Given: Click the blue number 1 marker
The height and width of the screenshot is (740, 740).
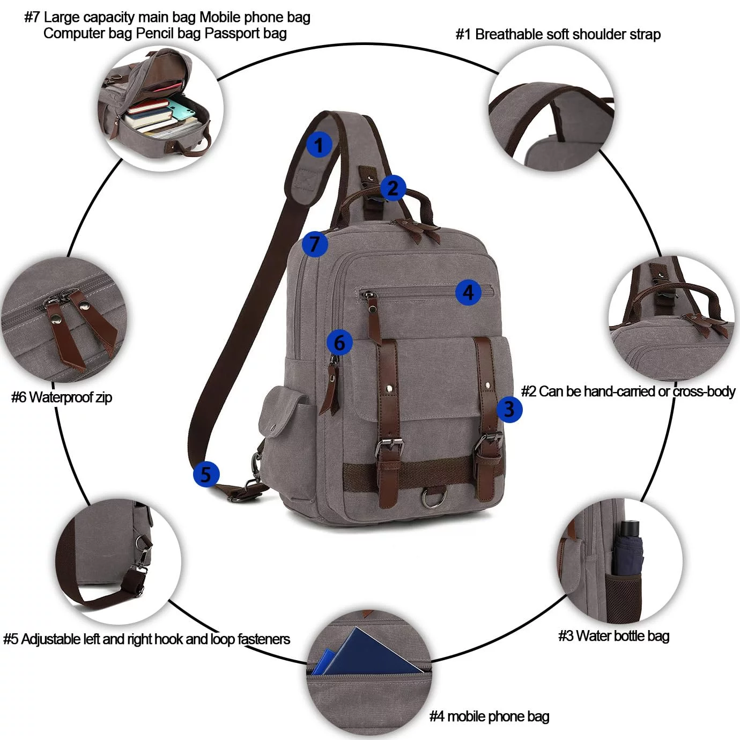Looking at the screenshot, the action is coord(319,145).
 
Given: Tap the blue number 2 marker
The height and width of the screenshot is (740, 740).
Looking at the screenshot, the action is coord(393,188).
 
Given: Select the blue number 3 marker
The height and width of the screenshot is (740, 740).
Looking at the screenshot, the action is coord(509,409).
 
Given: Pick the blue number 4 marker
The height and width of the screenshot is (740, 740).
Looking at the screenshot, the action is coord(468,293).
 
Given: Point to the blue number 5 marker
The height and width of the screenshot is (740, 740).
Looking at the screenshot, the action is coord(206,474).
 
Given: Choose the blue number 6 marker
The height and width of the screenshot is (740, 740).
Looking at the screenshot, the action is coord(340,342).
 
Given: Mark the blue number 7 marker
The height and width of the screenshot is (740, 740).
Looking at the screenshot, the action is coord(315,244).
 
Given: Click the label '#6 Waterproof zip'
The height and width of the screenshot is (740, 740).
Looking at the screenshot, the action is coord(62,397).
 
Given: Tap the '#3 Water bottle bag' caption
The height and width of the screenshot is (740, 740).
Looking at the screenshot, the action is coord(613,635).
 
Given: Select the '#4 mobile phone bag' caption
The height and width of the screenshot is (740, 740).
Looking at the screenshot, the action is coord(489,716).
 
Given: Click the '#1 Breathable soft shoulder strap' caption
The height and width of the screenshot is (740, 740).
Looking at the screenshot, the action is coord(558,34).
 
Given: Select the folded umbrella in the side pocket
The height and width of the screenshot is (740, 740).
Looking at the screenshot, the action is coord(628,549).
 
